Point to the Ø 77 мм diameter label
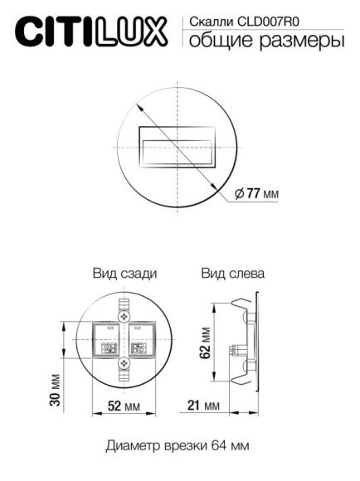coord(256,193)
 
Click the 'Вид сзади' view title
coord(124,273)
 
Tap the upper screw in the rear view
coord(125,317)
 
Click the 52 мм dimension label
coord(125,406)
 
